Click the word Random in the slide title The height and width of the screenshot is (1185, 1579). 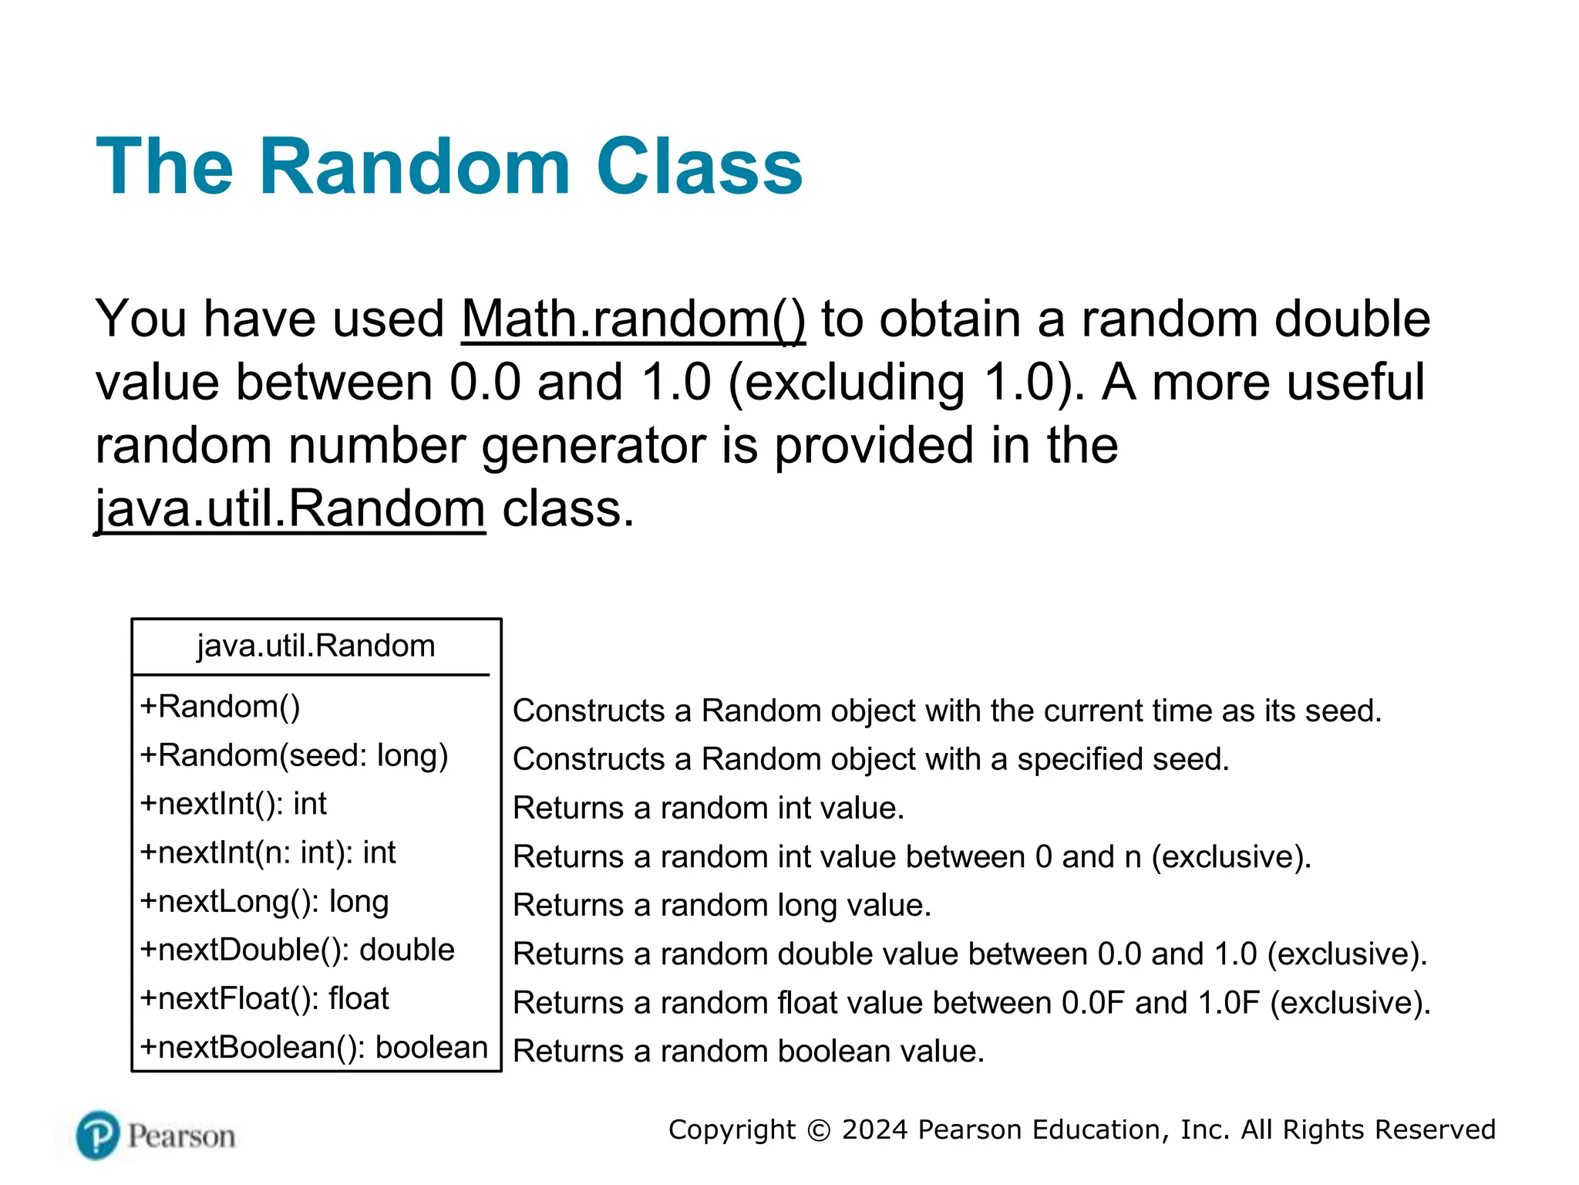pyautogui.click(x=414, y=167)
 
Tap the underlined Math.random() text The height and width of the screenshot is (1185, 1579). pyautogui.click(x=633, y=319)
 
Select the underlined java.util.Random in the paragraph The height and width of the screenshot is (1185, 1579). pyautogui.click(x=291, y=509)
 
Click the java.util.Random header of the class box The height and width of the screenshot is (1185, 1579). pyautogui.click(x=316, y=646)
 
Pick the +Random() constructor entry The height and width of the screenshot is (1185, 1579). pyautogui.click(x=221, y=707)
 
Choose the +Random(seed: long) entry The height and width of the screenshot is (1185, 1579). pyautogui.click(x=294, y=755)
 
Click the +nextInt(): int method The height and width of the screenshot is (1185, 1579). pyautogui.click(x=233, y=804)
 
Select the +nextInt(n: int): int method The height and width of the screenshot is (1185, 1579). pyautogui.click(x=268, y=852)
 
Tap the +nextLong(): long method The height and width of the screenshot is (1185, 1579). pyautogui.click(x=264, y=901)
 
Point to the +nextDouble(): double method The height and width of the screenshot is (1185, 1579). pyautogui.click(x=297, y=950)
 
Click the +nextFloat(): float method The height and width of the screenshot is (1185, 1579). pyautogui.click(x=264, y=998)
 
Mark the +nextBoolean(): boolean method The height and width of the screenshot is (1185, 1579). pyautogui.click(x=314, y=1048)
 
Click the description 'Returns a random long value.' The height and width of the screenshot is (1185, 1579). pyautogui.click(x=722, y=905)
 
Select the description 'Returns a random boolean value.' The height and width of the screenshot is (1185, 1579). pyautogui.click(x=749, y=1051)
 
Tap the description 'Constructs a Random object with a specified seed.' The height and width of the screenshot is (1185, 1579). pyautogui.click(x=870, y=759)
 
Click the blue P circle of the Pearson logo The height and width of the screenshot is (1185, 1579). pyautogui.click(x=98, y=1135)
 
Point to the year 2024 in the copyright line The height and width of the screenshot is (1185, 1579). pyautogui.click(x=874, y=1129)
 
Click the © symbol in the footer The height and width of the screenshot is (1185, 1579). pyautogui.click(x=818, y=1130)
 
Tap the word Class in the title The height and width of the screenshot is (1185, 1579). pyautogui.click(x=699, y=167)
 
